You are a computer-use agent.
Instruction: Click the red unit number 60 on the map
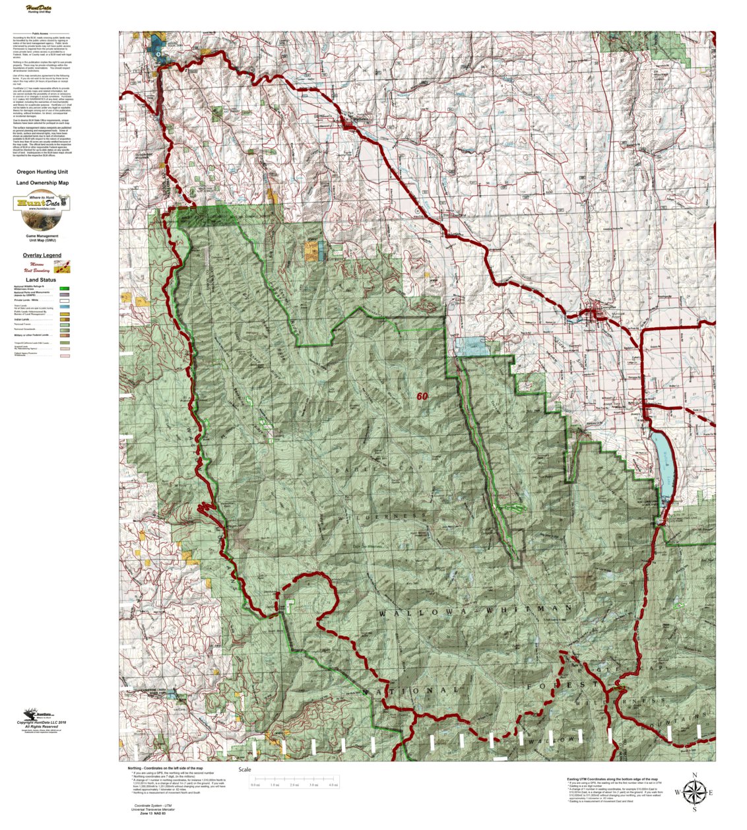tap(422, 397)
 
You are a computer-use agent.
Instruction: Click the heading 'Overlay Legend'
tap(42, 255)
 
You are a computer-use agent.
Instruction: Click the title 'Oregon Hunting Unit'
tap(42, 172)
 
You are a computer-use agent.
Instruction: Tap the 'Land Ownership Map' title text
tap(42, 183)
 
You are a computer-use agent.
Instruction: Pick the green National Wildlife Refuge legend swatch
tap(65, 288)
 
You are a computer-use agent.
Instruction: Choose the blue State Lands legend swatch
tap(65, 307)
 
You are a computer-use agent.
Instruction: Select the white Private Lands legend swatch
tap(65, 300)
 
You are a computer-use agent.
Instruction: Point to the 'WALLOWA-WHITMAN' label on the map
tap(475, 611)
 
